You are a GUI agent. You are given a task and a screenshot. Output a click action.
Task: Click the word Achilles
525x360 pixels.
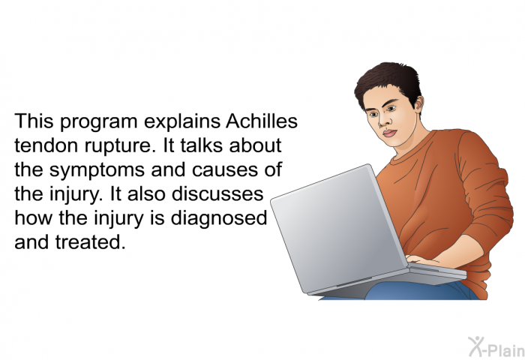pos(262,121)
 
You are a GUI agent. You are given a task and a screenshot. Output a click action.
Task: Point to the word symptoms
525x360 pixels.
pos(97,171)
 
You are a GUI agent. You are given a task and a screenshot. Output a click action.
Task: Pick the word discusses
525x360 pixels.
pos(217,193)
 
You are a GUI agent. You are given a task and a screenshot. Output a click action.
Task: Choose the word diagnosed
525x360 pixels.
pos(219,219)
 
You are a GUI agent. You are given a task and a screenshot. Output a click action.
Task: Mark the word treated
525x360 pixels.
pos(90,242)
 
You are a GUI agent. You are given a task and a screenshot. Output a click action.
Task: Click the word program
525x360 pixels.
pos(99,122)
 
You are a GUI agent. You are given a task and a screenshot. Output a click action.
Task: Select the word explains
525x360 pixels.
pos(182,122)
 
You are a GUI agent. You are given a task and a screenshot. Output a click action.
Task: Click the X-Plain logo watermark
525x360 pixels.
pos(496,346)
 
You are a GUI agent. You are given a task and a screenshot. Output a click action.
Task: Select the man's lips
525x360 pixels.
pos(389,133)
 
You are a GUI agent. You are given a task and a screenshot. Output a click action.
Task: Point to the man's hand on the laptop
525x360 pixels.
pos(422,260)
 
